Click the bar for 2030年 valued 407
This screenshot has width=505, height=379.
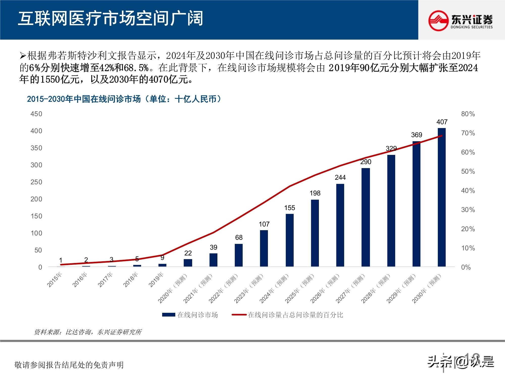coord(442,197)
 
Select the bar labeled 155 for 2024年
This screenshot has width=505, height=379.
coord(290,240)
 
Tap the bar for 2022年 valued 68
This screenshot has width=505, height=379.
coord(239,255)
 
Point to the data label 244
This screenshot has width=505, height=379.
coord(340,178)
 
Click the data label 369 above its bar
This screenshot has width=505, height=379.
coord(416,135)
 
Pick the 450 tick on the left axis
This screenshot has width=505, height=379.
coord(36,114)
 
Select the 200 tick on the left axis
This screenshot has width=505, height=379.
coord(36,199)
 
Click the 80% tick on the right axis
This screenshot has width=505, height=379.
coord(468,114)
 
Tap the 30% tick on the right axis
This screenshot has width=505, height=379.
coord(468,210)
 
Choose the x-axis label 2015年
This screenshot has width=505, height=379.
coord(55,280)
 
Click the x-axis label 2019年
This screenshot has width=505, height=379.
coord(156,280)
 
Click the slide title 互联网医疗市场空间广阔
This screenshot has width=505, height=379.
coord(110,19)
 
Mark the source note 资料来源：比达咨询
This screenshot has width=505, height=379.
coord(88,332)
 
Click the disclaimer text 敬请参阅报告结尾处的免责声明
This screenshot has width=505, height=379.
coord(69,365)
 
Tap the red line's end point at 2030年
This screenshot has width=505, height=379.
coord(442,136)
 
